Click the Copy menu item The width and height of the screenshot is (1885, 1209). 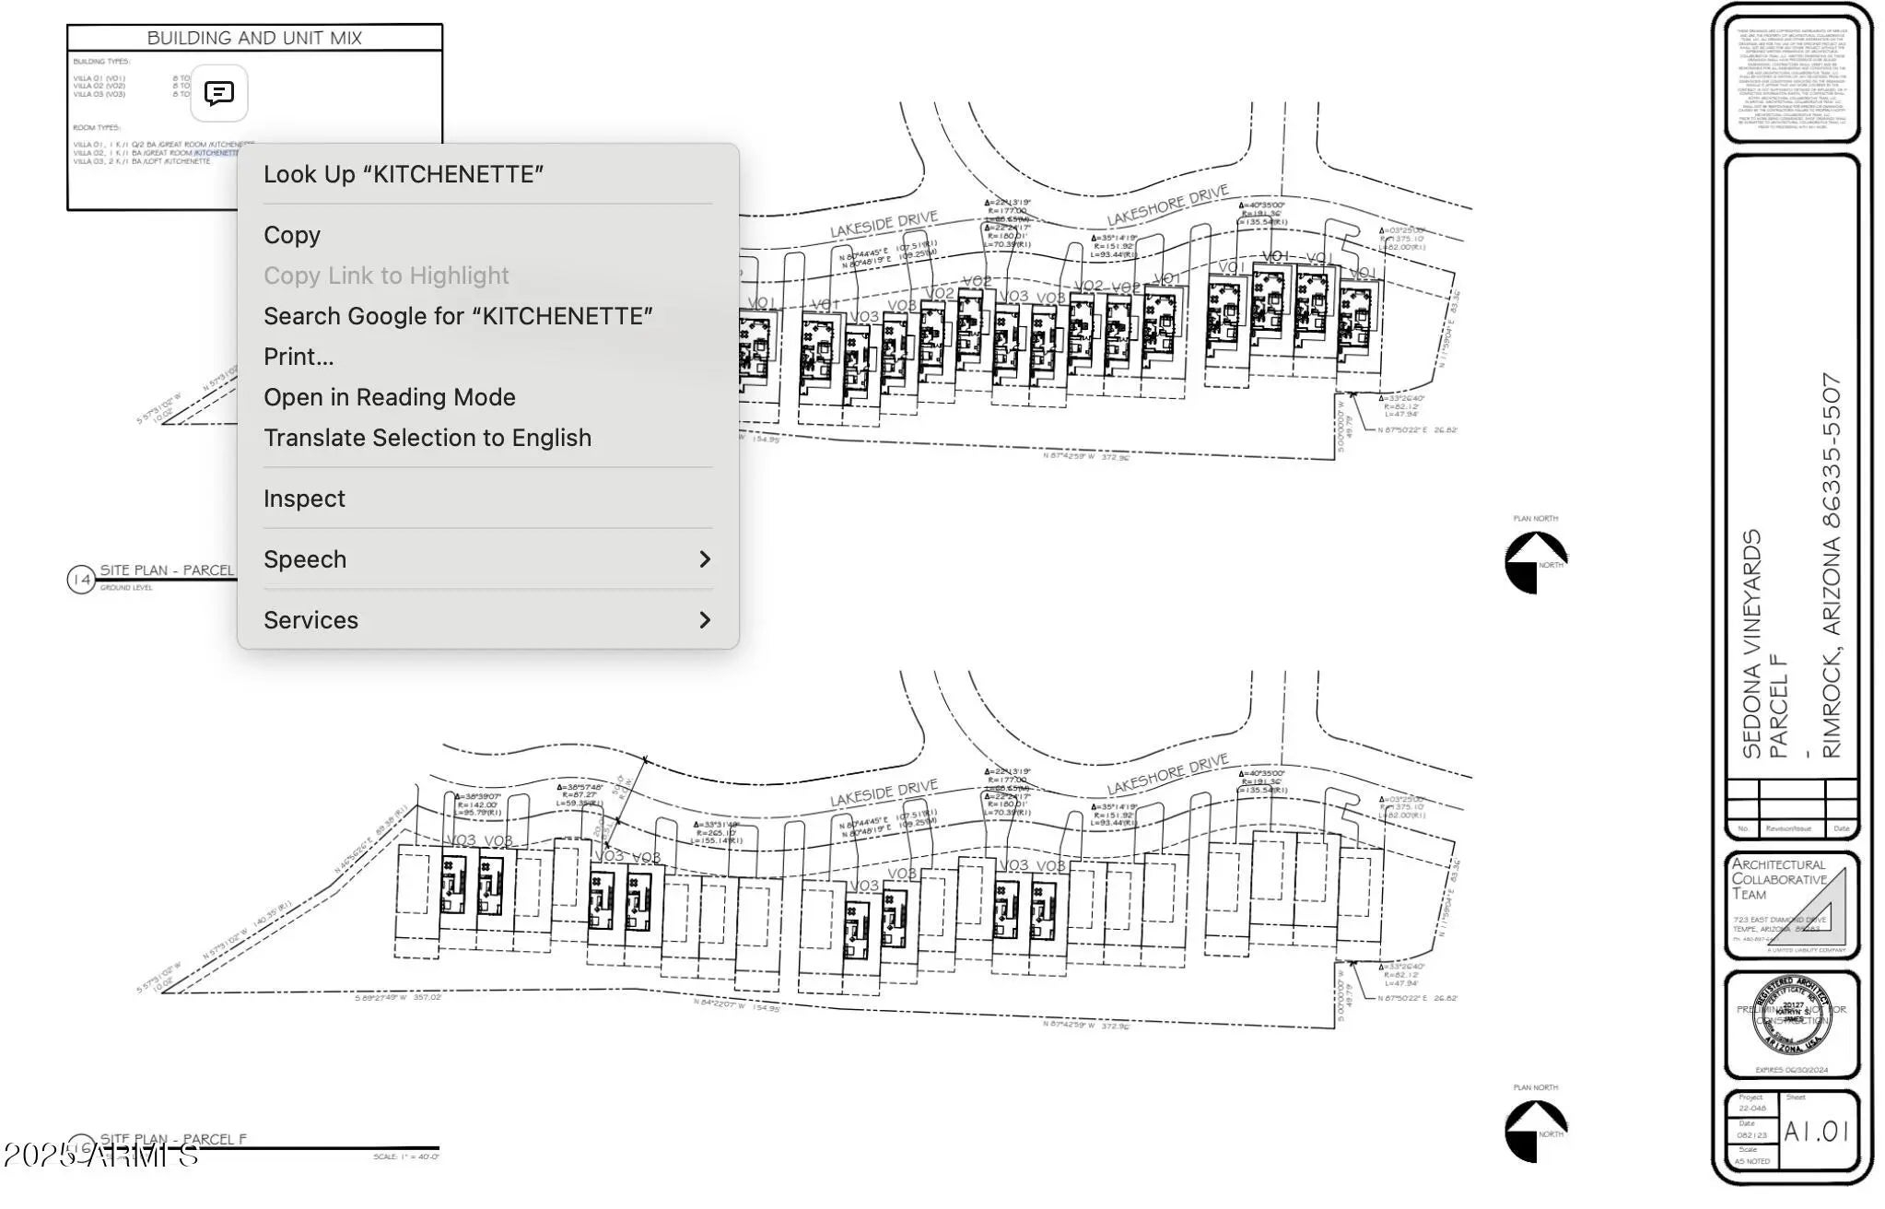[292, 235]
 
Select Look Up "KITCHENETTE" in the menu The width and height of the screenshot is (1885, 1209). [403, 174]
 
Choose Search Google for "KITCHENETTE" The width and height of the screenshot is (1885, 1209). [458, 316]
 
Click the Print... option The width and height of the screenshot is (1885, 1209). [299, 357]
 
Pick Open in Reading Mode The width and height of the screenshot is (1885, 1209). [389, 397]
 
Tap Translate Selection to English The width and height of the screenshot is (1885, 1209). [427, 438]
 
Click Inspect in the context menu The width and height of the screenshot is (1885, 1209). [304, 499]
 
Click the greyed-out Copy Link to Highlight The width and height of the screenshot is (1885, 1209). [386, 276]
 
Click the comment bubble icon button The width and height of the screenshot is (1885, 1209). [219, 93]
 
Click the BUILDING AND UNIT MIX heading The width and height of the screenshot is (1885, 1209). [254, 38]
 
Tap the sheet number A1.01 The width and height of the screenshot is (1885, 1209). [1816, 1131]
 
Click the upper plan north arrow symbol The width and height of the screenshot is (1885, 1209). [1535, 562]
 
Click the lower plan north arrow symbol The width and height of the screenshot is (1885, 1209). [1535, 1131]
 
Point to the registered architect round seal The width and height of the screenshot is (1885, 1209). [1791, 1015]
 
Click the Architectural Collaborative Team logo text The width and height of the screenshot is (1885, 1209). [1777, 878]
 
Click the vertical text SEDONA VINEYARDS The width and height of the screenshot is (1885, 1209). [1751, 644]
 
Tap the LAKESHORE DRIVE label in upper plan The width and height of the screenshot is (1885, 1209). [1167, 205]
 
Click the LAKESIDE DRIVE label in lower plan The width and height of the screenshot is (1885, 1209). [884, 792]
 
